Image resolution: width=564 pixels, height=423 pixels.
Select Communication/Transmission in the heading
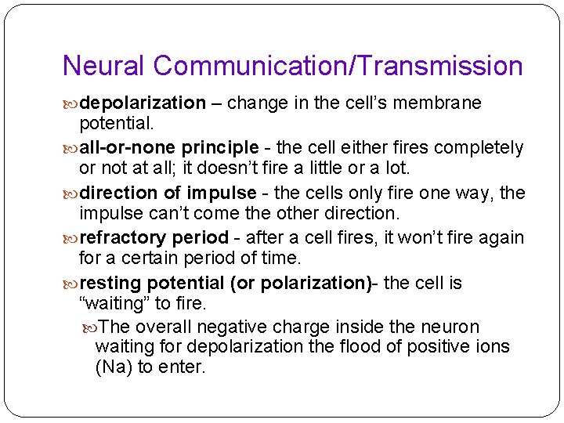tap(338, 66)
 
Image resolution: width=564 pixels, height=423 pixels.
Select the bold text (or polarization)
tap(301, 283)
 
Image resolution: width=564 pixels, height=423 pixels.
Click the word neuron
tap(452, 327)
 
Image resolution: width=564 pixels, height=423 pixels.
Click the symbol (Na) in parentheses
tap(114, 367)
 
